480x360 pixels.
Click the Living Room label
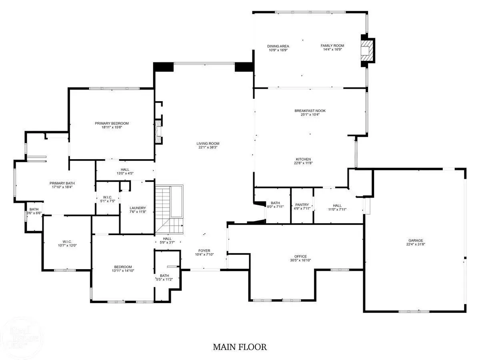tap(208, 143)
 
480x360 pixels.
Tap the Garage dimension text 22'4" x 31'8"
tap(416, 244)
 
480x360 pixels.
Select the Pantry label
tap(302, 204)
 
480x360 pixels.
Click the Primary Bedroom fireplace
tap(158, 132)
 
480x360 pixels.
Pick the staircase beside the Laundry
tap(169, 209)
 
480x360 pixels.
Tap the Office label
tap(300, 256)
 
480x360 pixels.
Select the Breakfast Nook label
tap(310, 111)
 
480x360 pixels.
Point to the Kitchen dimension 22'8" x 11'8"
tap(303, 163)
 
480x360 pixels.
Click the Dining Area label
tap(278, 46)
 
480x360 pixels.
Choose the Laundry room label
tap(138, 208)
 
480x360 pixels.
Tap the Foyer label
tap(204, 250)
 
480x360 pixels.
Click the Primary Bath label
tap(62, 183)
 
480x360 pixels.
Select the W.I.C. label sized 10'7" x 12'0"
tap(67, 242)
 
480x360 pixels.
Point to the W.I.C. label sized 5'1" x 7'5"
tap(107, 197)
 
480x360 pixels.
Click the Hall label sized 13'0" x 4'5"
tap(125, 169)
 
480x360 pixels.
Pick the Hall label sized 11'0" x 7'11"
tap(337, 206)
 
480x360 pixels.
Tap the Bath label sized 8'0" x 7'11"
tap(275, 203)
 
